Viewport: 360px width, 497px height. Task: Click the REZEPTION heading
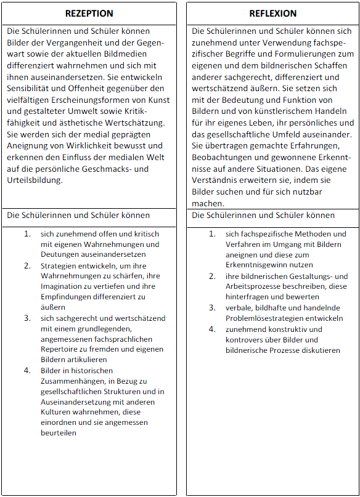pos(89,13)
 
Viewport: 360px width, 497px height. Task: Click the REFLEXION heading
pos(273,13)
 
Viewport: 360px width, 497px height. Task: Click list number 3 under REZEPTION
pos(27,318)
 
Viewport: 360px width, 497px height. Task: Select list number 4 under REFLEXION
pos(212,329)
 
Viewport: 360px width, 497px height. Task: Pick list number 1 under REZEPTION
pos(27,234)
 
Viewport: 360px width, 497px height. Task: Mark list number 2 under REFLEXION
pos(212,276)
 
